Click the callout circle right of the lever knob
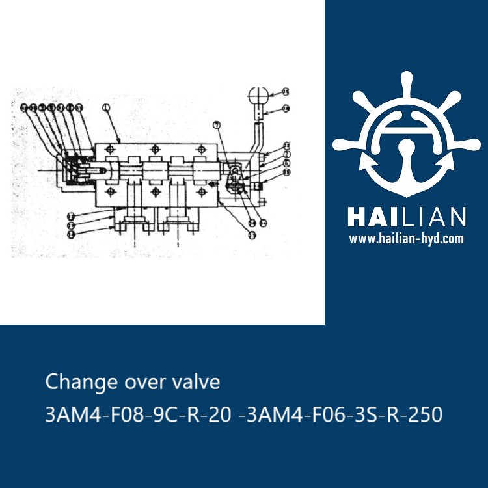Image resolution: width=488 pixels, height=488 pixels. (286, 92)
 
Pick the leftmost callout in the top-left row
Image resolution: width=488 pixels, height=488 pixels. (23, 107)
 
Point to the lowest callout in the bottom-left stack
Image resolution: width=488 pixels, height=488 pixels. (72, 232)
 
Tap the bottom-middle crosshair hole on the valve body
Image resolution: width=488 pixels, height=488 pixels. (156, 192)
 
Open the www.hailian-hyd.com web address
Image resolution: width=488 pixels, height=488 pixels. (406, 239)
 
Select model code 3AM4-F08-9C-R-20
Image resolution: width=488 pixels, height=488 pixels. (138, 414)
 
